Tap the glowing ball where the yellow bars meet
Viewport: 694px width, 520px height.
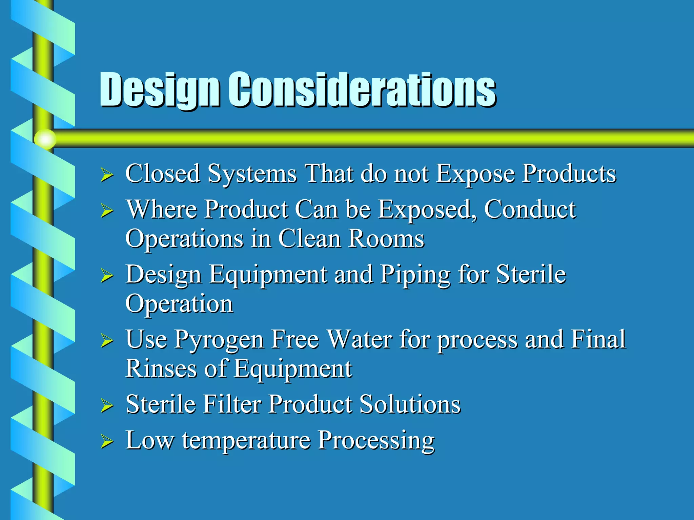pos(45,139)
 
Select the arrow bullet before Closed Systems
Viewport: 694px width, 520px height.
pos(107,176)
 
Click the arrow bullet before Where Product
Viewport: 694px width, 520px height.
pos(107,211)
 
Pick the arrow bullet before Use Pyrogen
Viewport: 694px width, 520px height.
pos(107,341)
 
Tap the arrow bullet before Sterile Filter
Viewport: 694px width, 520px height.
pos(107,406)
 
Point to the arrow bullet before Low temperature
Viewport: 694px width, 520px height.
pos(107,441)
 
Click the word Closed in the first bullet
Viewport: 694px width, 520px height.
pos(163,174)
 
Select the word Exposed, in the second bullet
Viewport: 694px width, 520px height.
pos(427,209)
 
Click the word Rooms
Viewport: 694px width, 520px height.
pos(386,239)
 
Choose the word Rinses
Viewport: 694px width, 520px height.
pos(161,368)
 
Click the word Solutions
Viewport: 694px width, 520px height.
pos(410,404)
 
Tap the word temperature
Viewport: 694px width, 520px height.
pos(246,440)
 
